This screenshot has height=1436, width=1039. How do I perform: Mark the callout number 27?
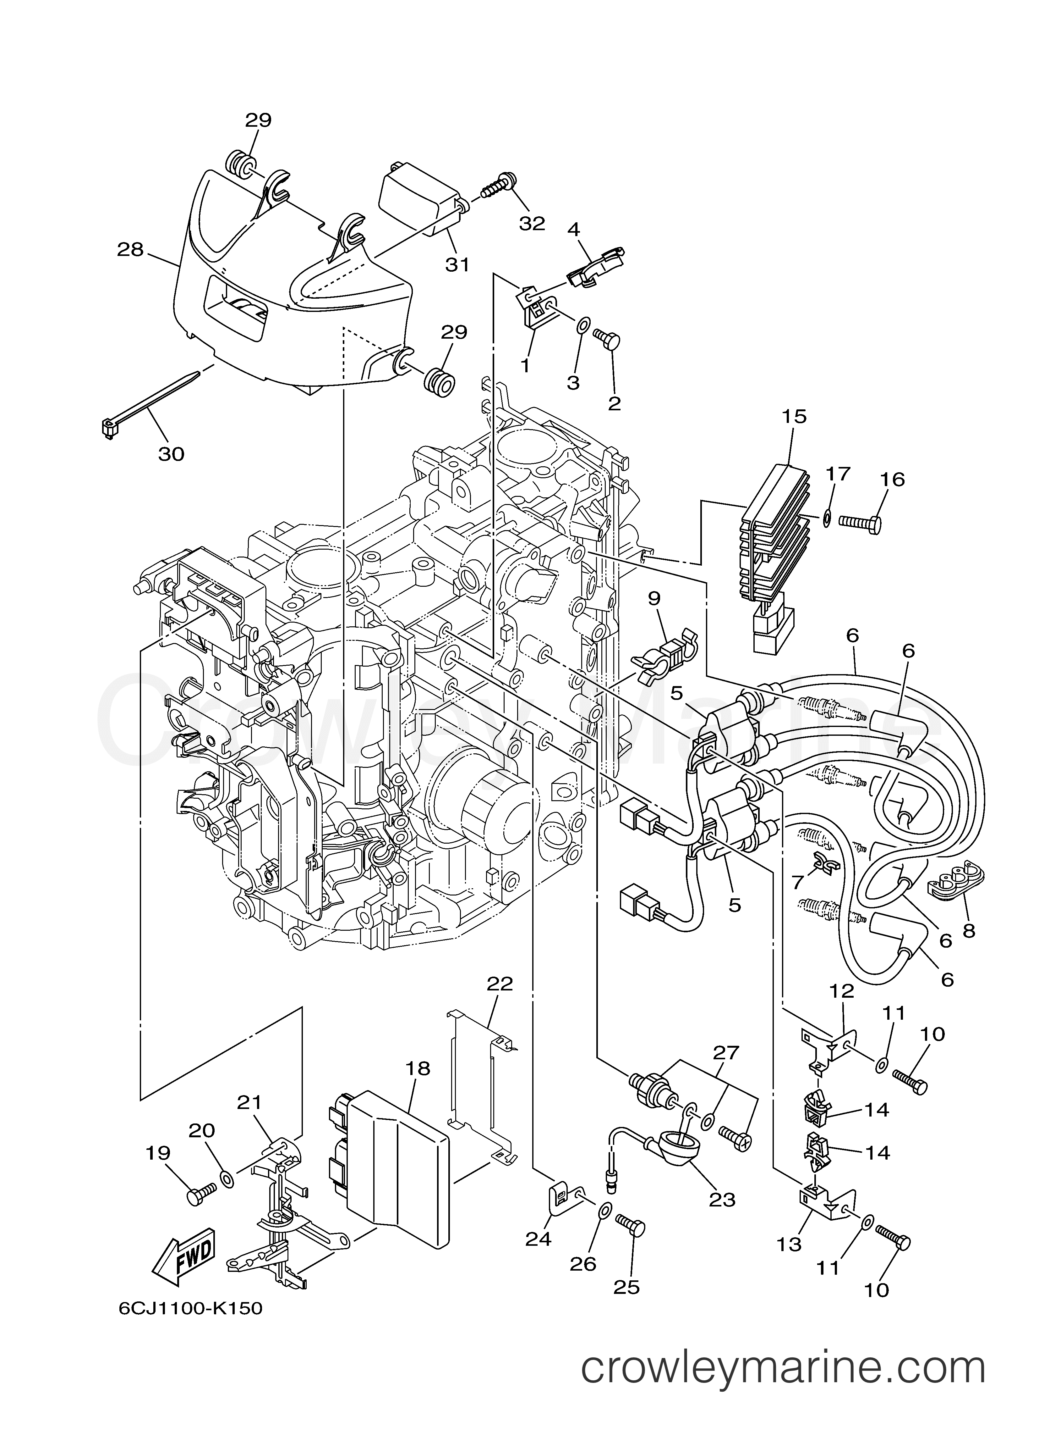pyautogui.click(x=726, y=1053)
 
